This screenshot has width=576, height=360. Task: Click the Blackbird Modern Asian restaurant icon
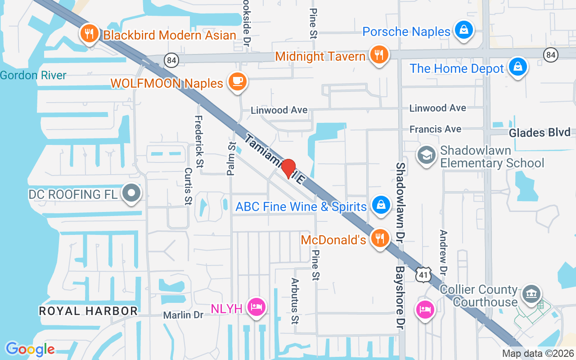[x=90, y=34]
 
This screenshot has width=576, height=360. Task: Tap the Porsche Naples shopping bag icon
[x=462, y=30]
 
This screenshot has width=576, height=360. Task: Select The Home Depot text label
[x=456, y=69]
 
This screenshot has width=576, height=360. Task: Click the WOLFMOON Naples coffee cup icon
[x=238, y=81]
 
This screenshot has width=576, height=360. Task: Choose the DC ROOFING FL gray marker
[x=132, y=193]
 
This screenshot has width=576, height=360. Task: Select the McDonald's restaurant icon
[x=380, y=238]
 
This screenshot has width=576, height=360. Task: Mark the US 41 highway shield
[x=423, y=274]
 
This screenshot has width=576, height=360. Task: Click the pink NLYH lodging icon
[x=256, y=307]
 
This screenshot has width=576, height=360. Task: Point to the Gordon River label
[x=33, y=75]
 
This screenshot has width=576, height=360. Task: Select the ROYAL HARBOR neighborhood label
[x=88, y=310]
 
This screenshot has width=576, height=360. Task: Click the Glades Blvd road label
[x=540, y=132]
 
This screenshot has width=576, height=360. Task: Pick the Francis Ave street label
[x=435, y=129]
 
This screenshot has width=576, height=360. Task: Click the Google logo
[x=30, y=349]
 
